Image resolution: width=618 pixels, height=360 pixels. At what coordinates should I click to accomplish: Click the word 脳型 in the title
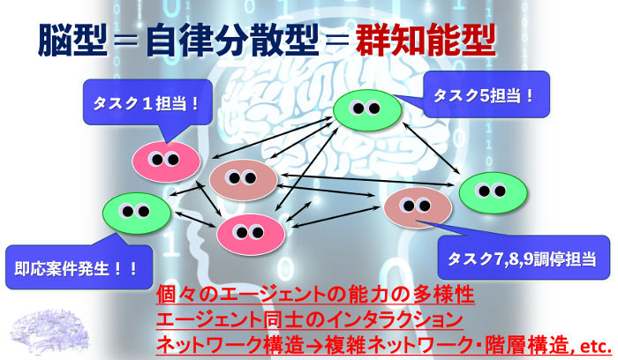[72, 41]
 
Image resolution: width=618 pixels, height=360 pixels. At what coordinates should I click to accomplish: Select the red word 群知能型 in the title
[426, 41]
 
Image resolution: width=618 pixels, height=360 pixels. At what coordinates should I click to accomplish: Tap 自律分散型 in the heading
[232, 41]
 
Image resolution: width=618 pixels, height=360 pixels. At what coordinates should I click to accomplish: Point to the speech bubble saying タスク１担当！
[147, 102]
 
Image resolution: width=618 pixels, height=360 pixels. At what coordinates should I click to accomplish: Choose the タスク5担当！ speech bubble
[486, 94]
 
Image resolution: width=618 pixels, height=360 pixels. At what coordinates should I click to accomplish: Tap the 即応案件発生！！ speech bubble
[79, 267]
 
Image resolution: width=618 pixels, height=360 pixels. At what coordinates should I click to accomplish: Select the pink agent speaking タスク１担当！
[166, 161]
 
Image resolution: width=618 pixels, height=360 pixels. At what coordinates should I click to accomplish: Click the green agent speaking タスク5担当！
[367, 110]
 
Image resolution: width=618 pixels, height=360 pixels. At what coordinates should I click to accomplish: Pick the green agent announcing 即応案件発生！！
[137, 213]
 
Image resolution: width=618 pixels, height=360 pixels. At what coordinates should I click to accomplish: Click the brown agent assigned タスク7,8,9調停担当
[418, 207]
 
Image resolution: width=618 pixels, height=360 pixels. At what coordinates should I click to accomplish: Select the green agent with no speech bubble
[493, 193]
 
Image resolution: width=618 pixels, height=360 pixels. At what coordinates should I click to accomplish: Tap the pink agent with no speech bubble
[251, 235]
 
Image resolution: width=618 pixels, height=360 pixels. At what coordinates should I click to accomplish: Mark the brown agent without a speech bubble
[243, 180]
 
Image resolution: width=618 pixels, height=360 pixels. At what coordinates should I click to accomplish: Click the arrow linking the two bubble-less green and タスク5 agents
[431, 148]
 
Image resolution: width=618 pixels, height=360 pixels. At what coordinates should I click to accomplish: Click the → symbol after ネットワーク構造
[314, 347]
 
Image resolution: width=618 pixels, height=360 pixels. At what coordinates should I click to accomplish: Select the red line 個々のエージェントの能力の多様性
[315, 295]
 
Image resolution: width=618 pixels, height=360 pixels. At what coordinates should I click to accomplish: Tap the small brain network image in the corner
[49, 331]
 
